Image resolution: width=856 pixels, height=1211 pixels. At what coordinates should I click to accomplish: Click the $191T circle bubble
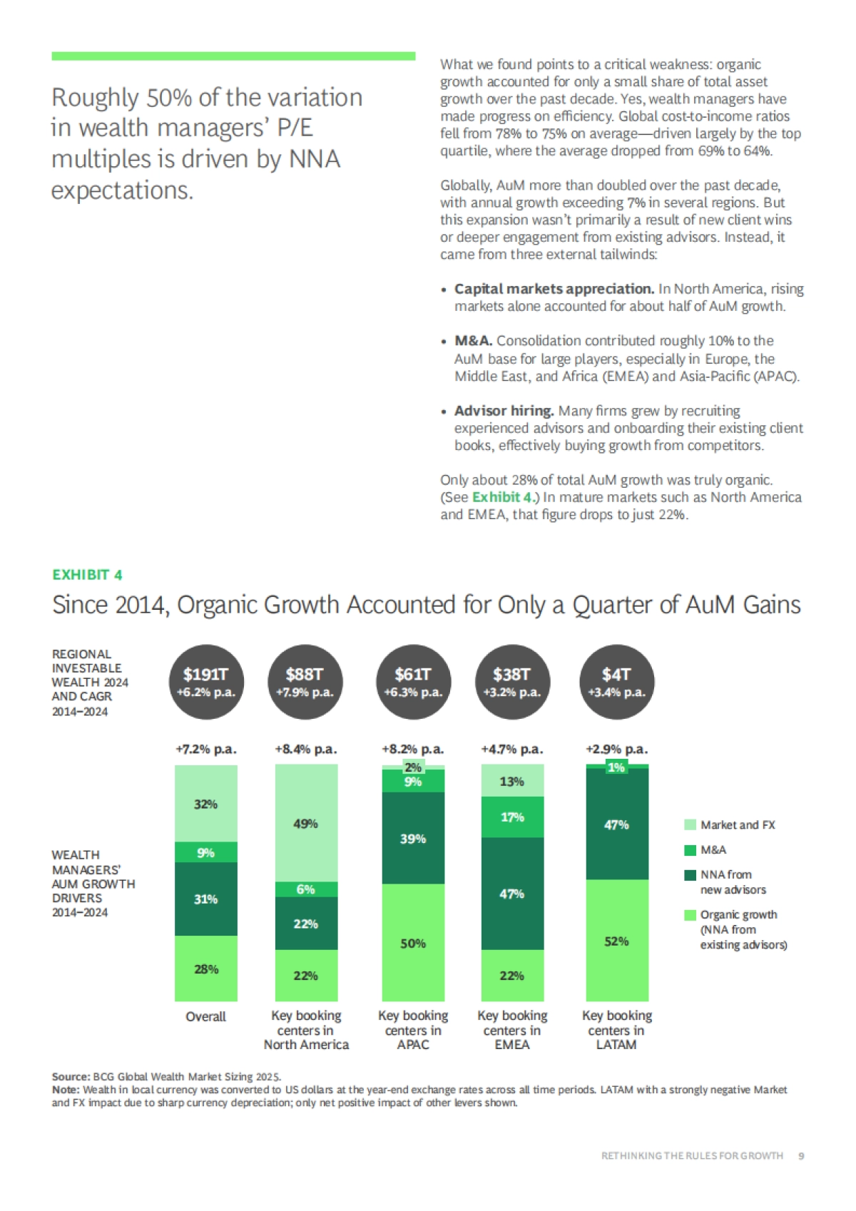206,682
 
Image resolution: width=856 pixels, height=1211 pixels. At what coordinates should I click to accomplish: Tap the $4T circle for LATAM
616,682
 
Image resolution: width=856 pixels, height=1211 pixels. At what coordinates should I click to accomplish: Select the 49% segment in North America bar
306,823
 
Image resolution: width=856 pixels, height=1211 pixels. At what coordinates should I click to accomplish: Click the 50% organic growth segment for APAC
413,943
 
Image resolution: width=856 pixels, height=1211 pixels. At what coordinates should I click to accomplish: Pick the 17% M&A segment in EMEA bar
512,817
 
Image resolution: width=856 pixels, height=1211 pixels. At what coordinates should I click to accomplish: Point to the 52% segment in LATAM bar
616,941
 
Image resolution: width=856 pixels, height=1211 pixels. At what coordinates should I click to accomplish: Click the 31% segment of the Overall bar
206,899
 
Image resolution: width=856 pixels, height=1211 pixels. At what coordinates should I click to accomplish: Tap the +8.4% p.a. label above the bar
306,749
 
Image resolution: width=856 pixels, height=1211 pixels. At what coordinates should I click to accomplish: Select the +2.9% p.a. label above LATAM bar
616,749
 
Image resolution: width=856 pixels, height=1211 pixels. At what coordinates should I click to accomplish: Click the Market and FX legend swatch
690,824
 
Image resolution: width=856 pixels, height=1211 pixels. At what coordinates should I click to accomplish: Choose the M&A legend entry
713,849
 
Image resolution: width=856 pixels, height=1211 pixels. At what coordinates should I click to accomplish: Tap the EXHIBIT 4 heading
87,575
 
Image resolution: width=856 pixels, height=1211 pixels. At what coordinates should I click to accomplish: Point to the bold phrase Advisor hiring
504,411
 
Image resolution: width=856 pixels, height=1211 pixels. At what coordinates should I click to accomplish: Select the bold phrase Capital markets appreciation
554,289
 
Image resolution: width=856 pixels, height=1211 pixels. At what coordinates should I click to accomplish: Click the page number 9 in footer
801,1155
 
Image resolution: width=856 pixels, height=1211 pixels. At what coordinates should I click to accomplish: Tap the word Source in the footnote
70,1076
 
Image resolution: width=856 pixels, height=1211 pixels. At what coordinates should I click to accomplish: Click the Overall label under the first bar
206,1016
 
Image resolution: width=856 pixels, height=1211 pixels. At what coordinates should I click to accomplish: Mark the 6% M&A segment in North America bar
306,889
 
